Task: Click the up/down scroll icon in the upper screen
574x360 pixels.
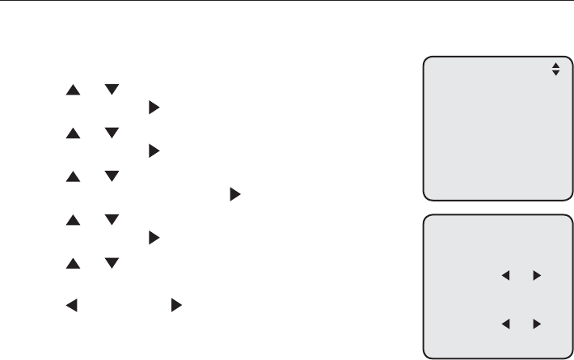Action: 555,71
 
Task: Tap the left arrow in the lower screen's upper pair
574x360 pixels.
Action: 507,276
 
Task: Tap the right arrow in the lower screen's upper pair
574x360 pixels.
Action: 535,276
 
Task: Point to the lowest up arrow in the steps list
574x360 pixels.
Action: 70,264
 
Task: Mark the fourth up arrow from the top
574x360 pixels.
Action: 70,222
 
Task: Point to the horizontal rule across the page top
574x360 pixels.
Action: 287,1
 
